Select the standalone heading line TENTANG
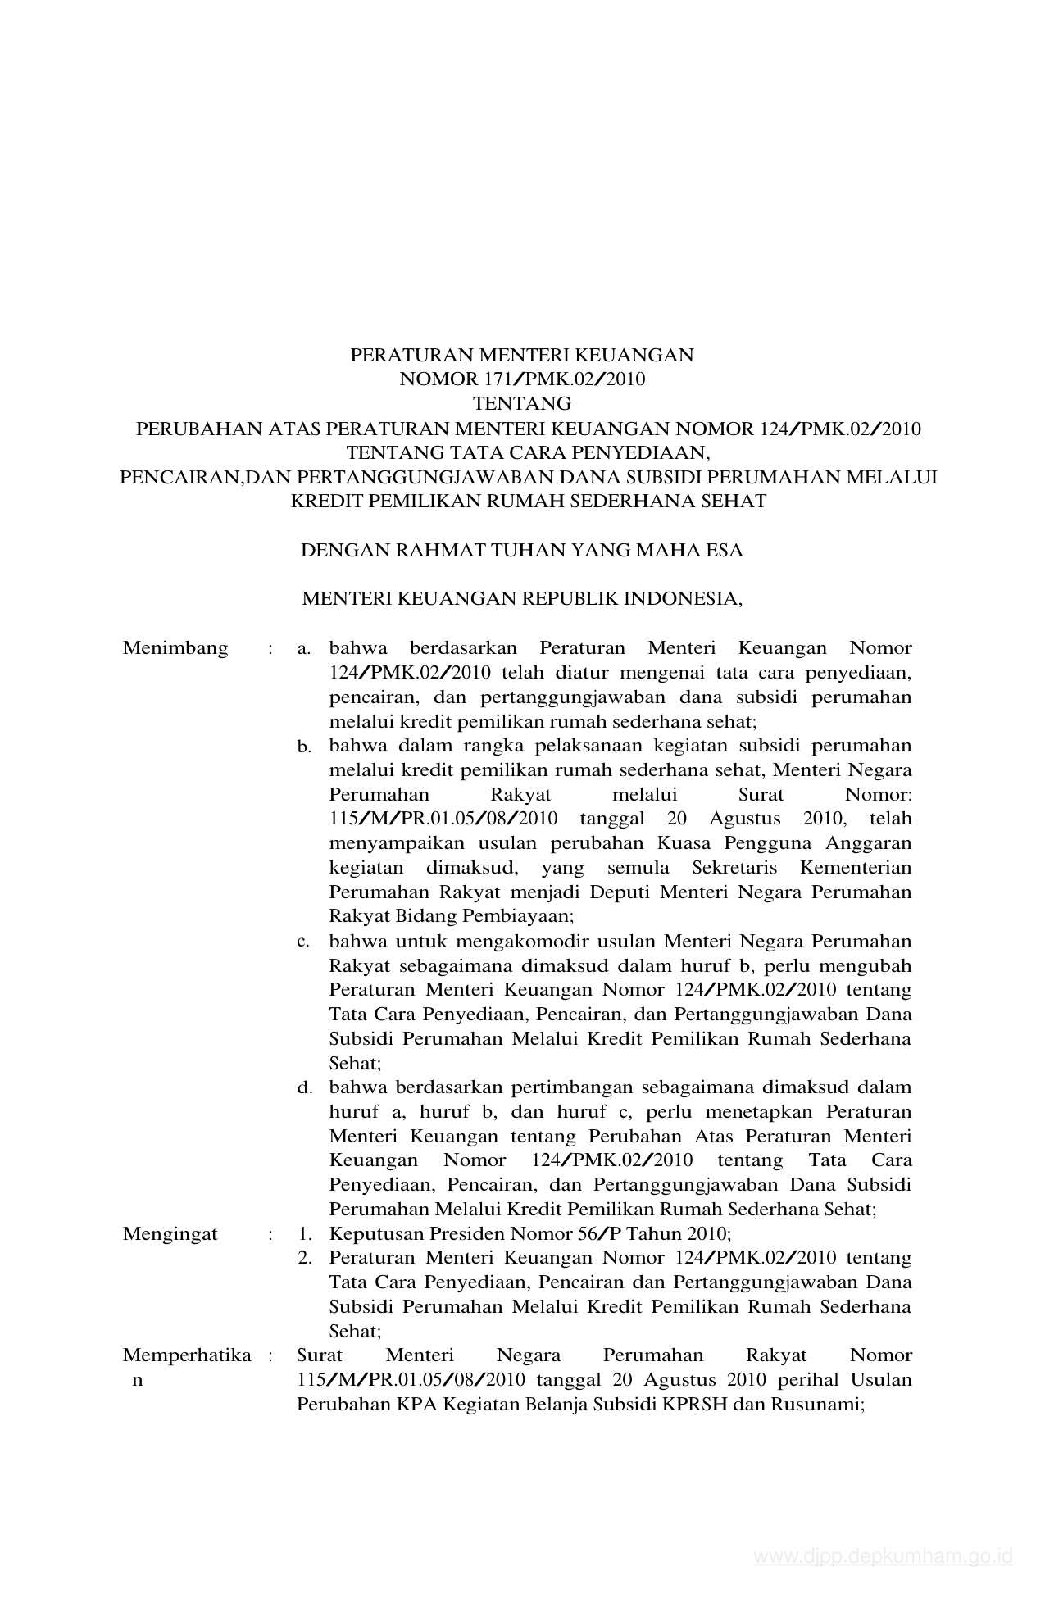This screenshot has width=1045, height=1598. [522, 403]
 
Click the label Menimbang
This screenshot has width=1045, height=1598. [175, 648]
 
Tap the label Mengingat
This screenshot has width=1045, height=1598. [170, 1233]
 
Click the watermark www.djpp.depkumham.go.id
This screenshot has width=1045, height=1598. [884, 1556]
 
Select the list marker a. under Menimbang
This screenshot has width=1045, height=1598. [304, 649]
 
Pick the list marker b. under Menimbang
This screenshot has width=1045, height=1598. [304, 747]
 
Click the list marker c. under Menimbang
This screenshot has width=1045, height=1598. [303, 942]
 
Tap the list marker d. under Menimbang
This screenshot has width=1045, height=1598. [304, 1087]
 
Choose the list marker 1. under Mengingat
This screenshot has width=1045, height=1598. [304, 1233]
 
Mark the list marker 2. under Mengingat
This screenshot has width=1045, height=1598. [304, 1258]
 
